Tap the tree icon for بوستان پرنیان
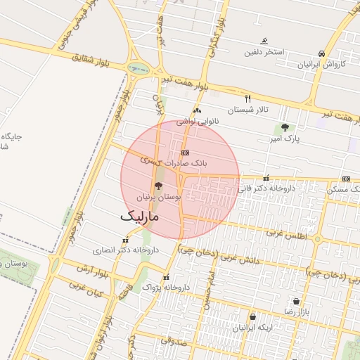pos(157,186)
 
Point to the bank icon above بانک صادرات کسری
pos(184,152)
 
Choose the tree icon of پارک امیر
pos(284,127)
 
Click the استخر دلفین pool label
pos(264,52)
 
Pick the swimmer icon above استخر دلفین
pos(264,41)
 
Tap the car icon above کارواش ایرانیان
pos(321,53)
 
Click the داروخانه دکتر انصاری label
pos(127,250)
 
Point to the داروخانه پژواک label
pos(166,288)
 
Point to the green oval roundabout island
pos(139,68)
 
